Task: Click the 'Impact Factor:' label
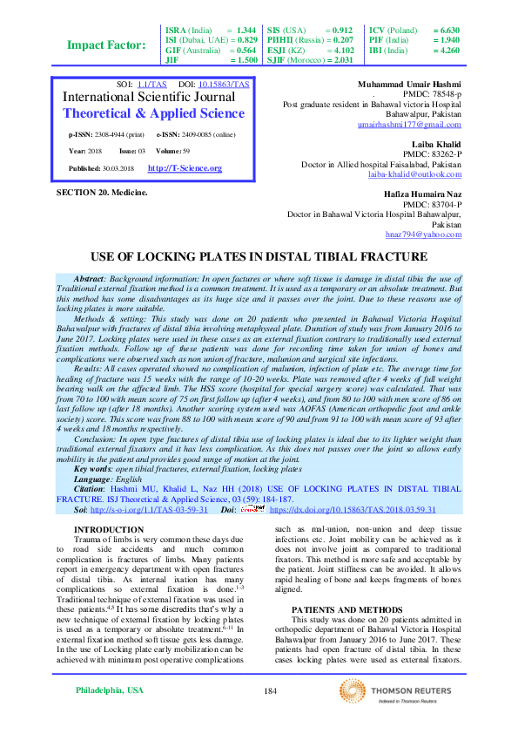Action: tap(106, 45)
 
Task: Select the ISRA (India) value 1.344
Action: tap(246, 30)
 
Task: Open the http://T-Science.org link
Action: tap(185, 167)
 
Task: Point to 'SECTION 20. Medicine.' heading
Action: tap(102, 191)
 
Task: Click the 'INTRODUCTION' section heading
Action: tap(109, 530)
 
